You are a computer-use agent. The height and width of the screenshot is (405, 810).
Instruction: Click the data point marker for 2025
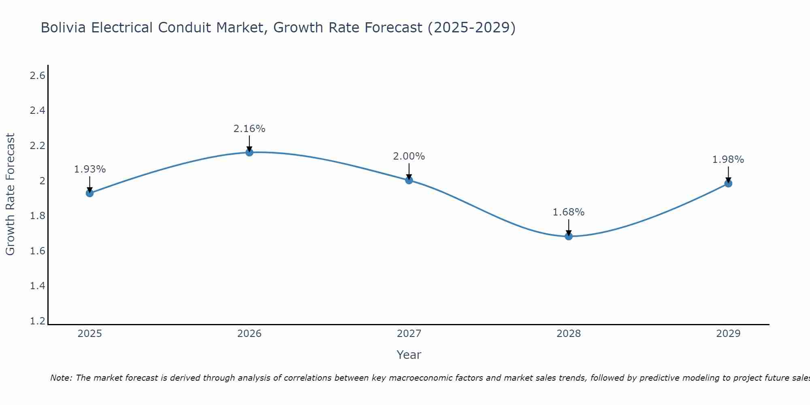(x=90, y=193)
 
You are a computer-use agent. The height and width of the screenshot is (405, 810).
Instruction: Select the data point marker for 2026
(x=249, y=152)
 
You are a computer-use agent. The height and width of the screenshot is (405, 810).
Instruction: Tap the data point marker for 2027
(x=409, y=180)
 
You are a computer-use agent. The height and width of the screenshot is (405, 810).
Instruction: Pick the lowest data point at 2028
(x=569, y=236)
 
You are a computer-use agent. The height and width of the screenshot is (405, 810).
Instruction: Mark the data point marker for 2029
(x=728, y=183)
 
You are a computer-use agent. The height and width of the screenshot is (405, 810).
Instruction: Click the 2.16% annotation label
(x=249, y=129)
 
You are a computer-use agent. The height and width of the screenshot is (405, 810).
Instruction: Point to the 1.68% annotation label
(x=569, y=212)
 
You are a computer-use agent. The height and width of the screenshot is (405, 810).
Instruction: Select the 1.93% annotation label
(x=90, y=169)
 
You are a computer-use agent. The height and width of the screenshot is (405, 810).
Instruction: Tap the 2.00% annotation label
(x=409, y=156)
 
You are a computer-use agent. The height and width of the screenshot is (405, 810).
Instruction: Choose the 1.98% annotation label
(x=728, y=160)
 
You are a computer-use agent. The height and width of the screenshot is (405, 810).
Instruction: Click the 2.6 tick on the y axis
(x=38, y=76)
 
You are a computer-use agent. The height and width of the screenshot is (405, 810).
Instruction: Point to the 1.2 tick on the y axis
(x=38, y=321)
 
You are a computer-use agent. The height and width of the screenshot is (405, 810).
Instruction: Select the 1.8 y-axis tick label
(x=38, y=216)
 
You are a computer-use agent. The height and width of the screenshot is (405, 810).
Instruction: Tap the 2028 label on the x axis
(x=569, y=334)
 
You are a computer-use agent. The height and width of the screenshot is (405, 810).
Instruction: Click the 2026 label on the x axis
(x=249, y=334)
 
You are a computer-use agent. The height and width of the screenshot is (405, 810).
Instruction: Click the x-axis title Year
(x=409, y=355)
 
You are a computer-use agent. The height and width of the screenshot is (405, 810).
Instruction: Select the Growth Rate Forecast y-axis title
(x=10, y=194)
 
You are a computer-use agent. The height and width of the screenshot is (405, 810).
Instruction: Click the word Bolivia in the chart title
(x=63, y=28)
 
